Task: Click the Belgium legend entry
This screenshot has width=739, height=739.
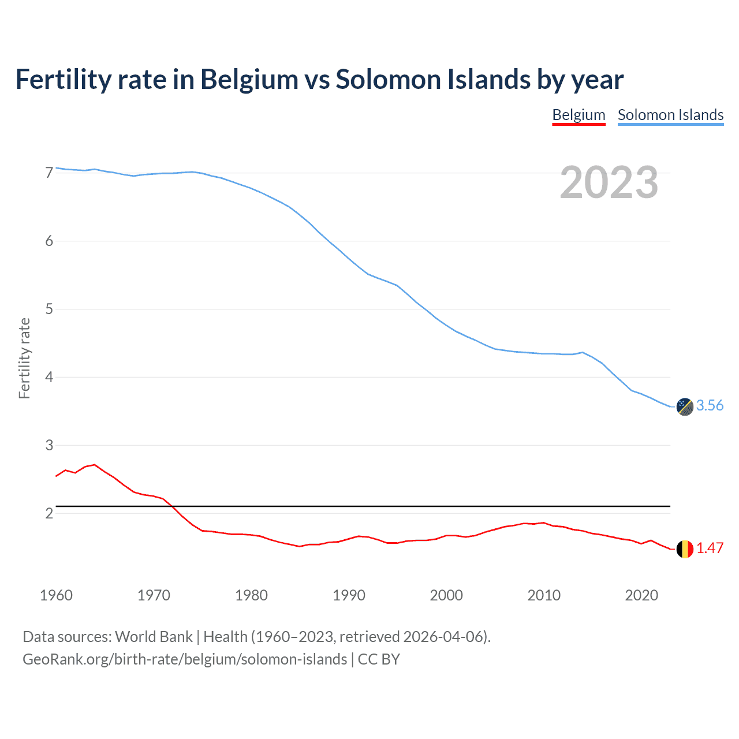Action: (578, 115)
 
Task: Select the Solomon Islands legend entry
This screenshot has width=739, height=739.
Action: (670, 115)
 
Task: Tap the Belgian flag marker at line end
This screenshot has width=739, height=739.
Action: (685, 549)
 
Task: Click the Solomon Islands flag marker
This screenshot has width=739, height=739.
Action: (685, 406)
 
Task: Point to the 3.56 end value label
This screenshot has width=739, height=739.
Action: (710, 406)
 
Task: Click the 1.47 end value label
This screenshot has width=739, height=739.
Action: (710, 548)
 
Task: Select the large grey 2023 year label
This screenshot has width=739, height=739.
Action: (609, 182)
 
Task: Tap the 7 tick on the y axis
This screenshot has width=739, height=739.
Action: (49, 173)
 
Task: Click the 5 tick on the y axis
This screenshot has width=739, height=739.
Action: (49, 309)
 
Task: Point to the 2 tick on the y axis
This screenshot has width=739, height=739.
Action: (49, 513)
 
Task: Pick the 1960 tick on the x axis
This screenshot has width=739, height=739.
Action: (56, 595)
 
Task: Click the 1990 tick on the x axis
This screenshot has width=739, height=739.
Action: (349, 595)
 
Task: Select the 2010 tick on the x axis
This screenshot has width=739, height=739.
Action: (544, 595)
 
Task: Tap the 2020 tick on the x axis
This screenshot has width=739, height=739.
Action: (641, 595)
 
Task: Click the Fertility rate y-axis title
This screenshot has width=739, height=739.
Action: (24, 358)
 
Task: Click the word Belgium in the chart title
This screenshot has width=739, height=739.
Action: (249, 80)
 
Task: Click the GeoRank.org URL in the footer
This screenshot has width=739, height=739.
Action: (185, 659)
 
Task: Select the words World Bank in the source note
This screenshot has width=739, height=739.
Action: (154, 637)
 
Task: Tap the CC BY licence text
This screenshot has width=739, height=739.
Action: (379, 659)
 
